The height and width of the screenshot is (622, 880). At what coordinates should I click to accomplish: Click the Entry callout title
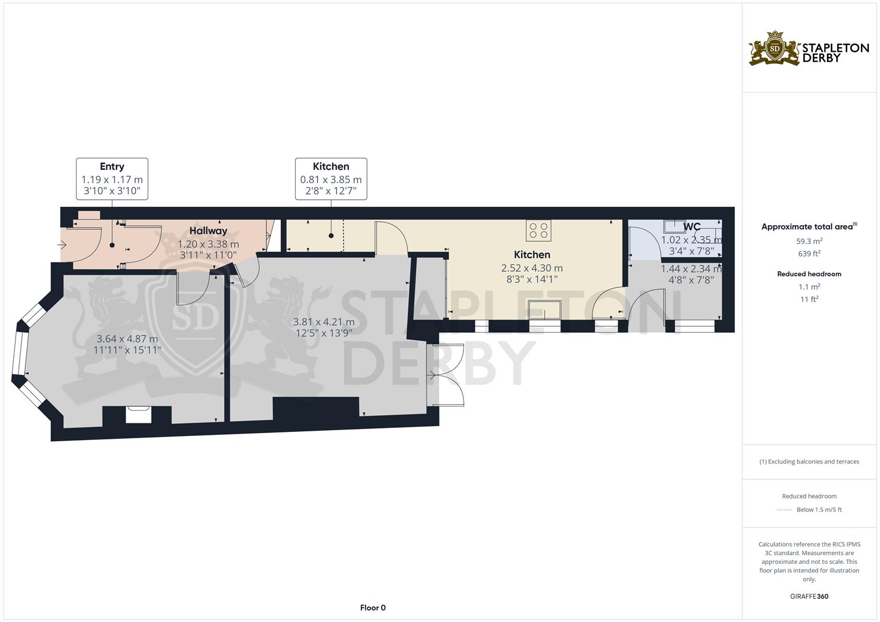coord(112,166)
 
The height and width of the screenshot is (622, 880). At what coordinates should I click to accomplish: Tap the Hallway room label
coord(208,231)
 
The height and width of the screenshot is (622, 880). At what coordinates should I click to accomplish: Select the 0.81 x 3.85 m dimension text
coord(331,180)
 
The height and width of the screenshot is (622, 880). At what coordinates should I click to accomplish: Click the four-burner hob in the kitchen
coord(539,230)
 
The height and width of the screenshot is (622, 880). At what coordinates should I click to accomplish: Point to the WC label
coord(692,226)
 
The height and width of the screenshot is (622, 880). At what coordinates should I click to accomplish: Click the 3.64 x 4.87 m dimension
coord(127,339)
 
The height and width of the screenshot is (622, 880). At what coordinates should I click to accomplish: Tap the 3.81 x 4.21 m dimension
coord(324,322)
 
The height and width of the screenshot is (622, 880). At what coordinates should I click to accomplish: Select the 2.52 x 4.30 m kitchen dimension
coord(532,268)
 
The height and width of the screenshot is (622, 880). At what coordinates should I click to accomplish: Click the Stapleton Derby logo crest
coord(775,49)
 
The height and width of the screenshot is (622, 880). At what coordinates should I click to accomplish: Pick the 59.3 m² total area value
coord(809,241)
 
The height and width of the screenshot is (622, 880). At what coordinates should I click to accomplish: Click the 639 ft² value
coord(809,253)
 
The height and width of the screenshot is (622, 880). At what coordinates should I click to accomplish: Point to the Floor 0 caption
coord(373,608)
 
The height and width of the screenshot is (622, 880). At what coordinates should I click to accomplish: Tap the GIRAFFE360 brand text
coord(809,597)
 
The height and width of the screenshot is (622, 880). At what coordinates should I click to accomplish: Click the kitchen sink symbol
coord(545,309)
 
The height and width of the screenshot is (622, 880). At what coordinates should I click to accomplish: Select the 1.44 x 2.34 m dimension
coord(692,269)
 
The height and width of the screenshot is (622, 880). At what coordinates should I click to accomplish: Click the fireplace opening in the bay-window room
coord(138,415)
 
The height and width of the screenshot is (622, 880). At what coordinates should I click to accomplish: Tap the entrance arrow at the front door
coord(62,245)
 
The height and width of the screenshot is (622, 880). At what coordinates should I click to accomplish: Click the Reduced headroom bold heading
coord(809,274)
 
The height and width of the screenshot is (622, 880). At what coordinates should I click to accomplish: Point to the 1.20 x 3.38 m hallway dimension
coord(208,244)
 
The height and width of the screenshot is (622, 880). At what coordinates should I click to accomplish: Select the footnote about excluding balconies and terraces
coord(809,462)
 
